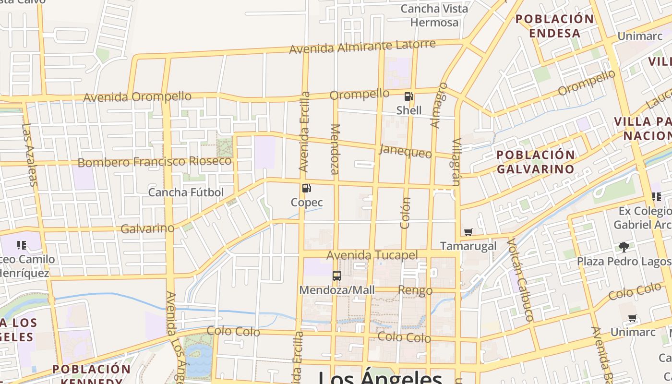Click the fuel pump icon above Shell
409,96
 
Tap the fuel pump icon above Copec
307,188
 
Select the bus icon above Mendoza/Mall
337,276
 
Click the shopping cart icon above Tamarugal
468,232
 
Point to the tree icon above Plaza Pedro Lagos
624,247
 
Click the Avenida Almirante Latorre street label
362,47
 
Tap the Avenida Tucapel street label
372,255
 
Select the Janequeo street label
405,151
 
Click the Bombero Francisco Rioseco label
155,162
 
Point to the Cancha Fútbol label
186,192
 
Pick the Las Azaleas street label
29,155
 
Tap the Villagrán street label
456,162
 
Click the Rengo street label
415,290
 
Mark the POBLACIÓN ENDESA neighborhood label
554,26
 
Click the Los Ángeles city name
380,377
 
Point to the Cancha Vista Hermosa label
434,15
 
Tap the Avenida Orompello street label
137,97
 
